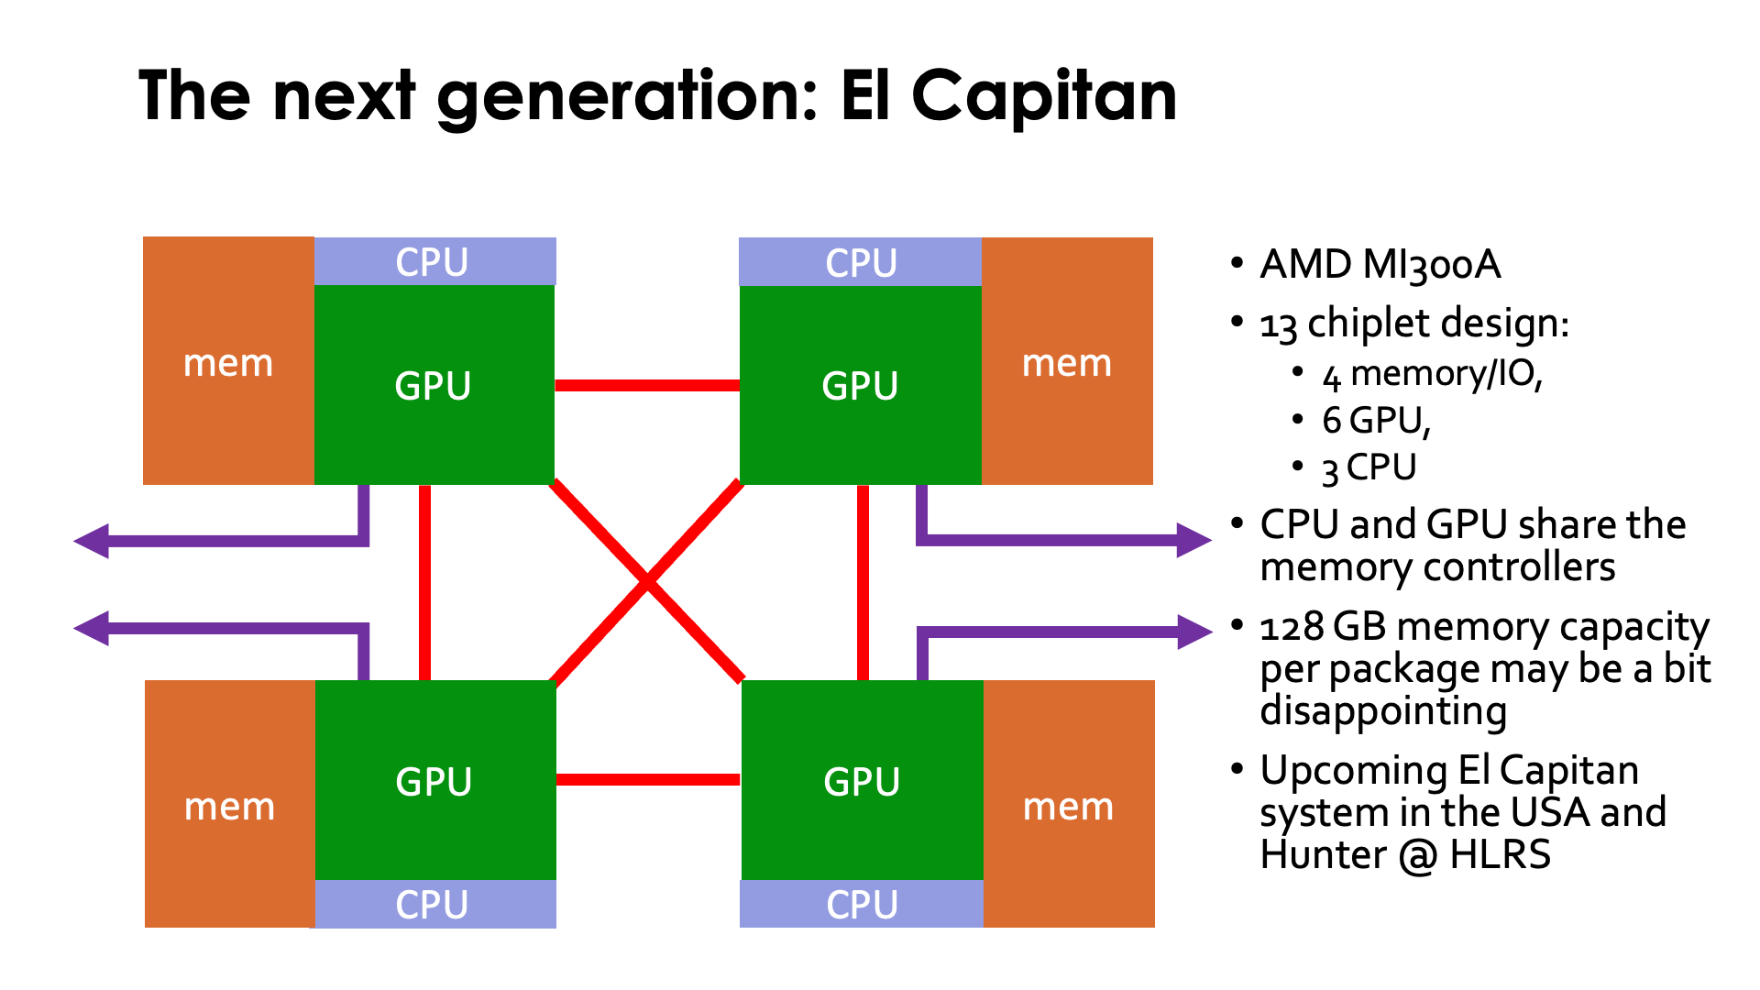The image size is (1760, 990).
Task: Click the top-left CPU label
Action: click(x=432, y=263)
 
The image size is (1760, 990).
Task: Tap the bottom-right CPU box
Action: click(x=861, y=904)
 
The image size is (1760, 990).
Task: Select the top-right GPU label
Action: click(x=860, y=386)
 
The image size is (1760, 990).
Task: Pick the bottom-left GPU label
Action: click(x=434, y=782)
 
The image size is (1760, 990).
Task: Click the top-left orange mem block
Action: click(x=228, y=362)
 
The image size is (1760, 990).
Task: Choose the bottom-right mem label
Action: click(x=1068, y=807)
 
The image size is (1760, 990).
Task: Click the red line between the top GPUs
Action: click(x=647, y=385)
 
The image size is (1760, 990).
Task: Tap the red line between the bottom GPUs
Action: click(x=647, y=779)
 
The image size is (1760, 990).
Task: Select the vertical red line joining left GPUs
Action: click(x=424, y=582)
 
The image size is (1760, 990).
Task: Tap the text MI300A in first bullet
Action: click(x=1431, y=265)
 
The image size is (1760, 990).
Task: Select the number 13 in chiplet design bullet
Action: click(x=1278, y=325)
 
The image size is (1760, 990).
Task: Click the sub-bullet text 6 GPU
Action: click(x=1375, y=421)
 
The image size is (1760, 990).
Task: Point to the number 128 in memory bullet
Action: click(x=1292, y=628)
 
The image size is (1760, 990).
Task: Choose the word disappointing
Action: click(x=1382, y=711)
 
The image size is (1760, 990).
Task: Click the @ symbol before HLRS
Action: click(x=1418, y=855)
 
